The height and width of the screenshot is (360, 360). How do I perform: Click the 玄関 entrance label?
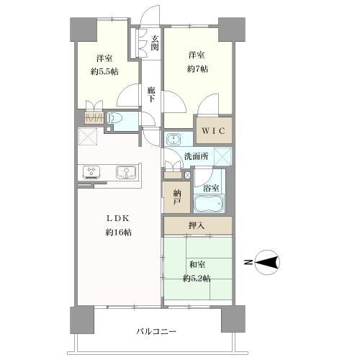[x=155, y=43]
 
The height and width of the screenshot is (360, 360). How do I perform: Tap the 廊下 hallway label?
[x=151, y=94]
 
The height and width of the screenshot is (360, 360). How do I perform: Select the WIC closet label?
[x=213, y=131]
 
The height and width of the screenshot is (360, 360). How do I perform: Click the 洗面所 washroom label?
[x=197, y=156]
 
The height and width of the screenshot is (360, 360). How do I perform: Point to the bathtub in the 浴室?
[x=209, y=204]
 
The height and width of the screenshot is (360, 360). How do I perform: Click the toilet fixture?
[x=115, y=118]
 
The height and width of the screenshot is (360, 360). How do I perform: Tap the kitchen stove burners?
[x=91, y=172]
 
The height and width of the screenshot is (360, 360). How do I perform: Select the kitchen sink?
[x=126, y=172]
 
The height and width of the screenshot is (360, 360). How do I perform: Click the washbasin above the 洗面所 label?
[x=173, y=139]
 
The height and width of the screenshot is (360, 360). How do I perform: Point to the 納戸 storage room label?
[x=177, y=197]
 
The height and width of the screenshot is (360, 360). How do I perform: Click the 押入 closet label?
[x=197, y=225]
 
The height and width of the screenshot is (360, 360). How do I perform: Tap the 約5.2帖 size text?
[x=197, y=279]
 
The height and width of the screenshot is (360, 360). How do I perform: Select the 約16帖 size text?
[x=119, y=233]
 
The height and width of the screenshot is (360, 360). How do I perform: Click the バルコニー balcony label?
[x=156, y=332]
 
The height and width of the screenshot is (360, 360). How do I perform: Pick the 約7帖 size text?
[x=197, y=69]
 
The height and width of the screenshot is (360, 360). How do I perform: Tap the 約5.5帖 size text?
[x=104, y=71]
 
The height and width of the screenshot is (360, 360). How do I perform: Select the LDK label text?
[x=118, y=218]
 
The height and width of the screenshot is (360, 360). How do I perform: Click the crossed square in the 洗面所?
[x=222, y=156]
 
